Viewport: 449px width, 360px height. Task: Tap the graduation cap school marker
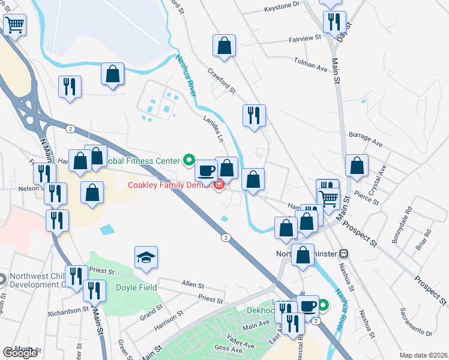coord(146,257)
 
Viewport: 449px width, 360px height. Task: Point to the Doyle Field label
coord(136,287)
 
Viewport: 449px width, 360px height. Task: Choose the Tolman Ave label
coord(310,65)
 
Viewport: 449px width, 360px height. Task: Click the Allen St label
coord(193,283)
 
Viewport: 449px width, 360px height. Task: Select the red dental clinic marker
coord(219,184)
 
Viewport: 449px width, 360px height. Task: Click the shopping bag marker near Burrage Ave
coord(357,167)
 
